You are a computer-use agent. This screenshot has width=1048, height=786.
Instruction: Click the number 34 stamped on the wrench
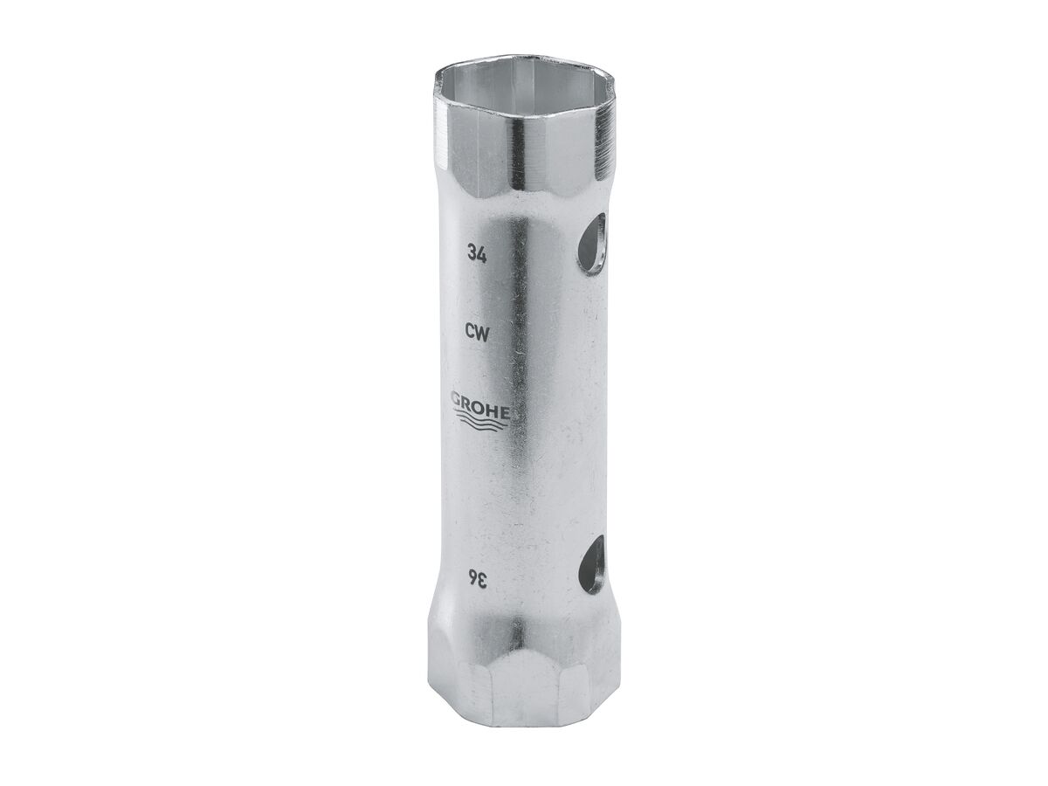coord(477,254)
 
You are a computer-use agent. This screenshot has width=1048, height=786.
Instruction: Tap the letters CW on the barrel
coord(477,331)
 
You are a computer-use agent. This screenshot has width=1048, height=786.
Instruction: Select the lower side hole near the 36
coord(592,564)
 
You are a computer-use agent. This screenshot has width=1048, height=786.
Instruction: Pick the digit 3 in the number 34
coord(472,254)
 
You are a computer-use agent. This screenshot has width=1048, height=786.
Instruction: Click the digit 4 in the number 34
coord(482,254)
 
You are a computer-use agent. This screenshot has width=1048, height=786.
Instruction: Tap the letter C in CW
coord(471,331)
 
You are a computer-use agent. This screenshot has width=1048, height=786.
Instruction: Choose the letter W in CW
coord(482,331)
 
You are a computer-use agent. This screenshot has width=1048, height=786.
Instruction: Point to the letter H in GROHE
coord(492,405)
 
